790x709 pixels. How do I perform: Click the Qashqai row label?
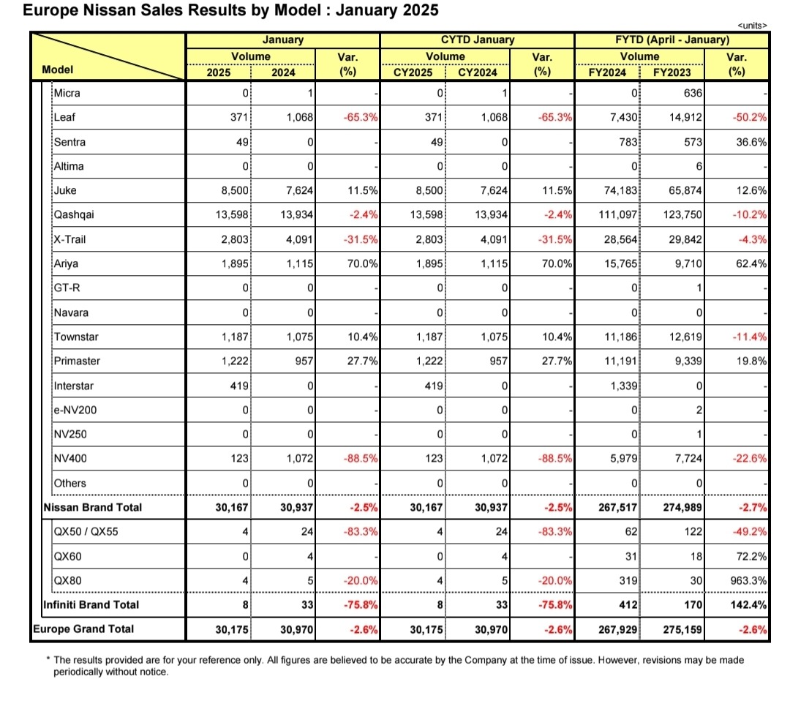point(74,215)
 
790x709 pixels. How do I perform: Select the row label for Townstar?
point(76,337)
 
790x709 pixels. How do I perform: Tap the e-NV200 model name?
point(75,410)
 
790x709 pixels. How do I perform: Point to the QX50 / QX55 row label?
point(86,532)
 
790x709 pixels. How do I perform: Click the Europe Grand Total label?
point(83,629)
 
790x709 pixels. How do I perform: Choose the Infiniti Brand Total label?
point(91,604)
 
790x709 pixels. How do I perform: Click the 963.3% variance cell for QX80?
point(749,580)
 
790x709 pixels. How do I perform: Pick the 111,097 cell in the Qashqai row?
point(617,214)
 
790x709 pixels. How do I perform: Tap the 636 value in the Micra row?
point(693,93)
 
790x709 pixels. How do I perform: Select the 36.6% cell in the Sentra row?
point(751,142)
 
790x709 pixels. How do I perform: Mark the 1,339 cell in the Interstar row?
point(624,386)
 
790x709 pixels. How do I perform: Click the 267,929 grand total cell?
point(617,629)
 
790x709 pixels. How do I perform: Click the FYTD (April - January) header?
point(672,40)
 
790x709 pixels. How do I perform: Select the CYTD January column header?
point(478,40)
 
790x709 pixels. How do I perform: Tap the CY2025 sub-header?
point(413,72)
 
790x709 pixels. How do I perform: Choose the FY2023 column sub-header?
point(672,72)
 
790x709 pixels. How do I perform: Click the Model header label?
point(58,70)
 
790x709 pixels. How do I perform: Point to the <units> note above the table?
point(752,26)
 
